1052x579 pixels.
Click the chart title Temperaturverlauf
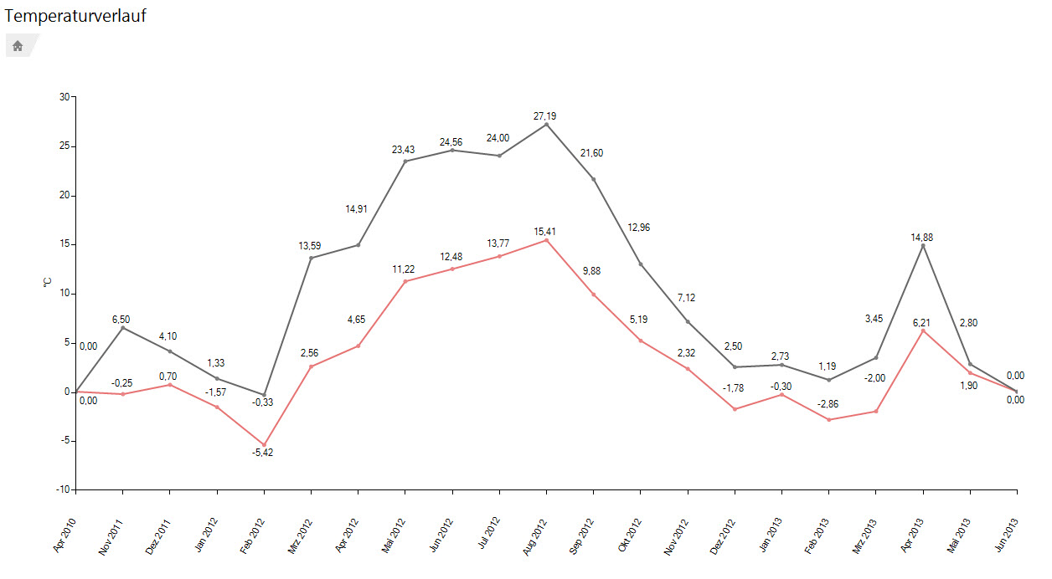coord(75,15)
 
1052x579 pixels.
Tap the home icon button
coord(18,46)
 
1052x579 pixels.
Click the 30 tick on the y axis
coord(64,97)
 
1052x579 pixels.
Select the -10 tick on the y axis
coord(63,489)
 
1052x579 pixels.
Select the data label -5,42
coord(263,453)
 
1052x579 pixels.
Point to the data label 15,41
coord(546,230)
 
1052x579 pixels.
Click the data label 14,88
coord(922,237)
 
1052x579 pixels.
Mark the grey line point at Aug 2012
coord(547,124)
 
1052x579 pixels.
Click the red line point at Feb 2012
coord(264,445)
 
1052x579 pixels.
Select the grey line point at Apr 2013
coord(923,245)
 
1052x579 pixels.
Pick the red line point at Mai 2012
coord(405,281)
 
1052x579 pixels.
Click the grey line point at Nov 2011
coord(123,328)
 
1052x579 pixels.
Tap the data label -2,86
coord(828,404)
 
